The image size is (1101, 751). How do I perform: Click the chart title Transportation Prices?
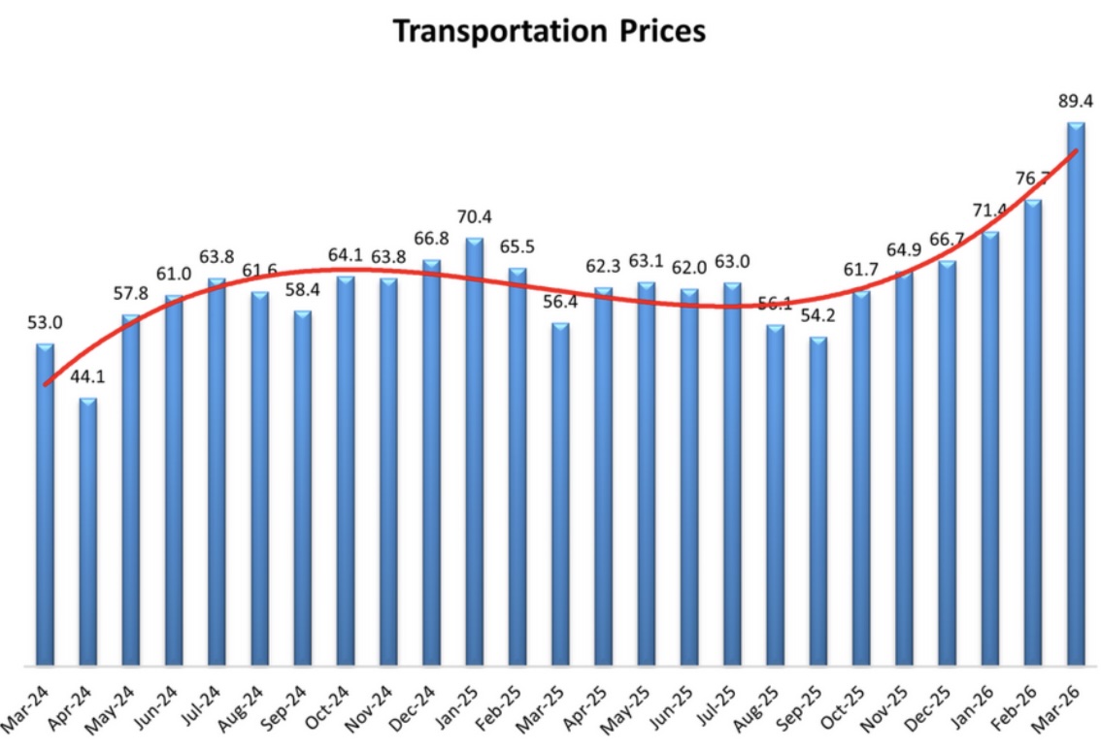549,31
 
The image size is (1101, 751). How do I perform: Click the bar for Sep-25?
818,501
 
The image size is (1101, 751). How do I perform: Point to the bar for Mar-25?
560,494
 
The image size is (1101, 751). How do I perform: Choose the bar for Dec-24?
432,462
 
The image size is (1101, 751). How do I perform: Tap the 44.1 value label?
89,375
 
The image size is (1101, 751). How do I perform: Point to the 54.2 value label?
818,316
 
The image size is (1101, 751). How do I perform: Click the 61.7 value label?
861,269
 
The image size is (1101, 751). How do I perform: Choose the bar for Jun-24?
175,480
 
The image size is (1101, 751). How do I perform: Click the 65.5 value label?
517,245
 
